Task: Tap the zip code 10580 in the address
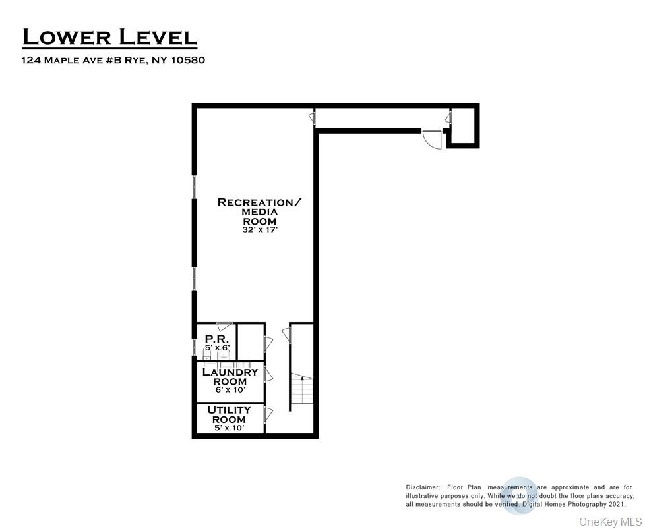189,60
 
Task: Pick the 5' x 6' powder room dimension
216,347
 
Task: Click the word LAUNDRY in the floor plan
230,372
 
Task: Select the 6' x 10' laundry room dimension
230,390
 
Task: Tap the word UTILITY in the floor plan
230,410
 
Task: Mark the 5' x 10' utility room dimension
229,428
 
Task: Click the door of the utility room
268,415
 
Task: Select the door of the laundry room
268,375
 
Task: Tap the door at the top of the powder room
225,326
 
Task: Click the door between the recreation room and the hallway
311,119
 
